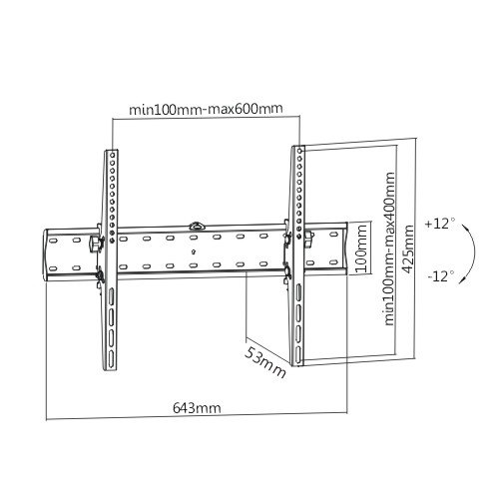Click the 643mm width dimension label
(x=195, y=408)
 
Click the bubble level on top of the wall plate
(x=198, y=226)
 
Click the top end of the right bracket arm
(x=296, y=151)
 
